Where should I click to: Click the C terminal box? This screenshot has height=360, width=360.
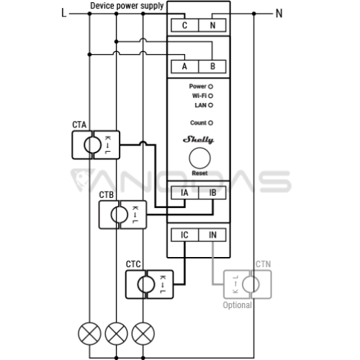coord(185,25)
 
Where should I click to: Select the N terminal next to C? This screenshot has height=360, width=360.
coord(212,25)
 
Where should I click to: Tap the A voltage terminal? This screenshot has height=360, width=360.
coord(185,66)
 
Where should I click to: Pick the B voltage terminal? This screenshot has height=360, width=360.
coord(212,66)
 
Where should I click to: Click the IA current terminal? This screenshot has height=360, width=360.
coord(185,193)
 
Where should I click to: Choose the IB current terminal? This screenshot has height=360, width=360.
coord(212,193)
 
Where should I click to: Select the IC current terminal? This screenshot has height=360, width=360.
coord(185,235)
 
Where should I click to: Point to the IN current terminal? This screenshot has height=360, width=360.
coord(212,235)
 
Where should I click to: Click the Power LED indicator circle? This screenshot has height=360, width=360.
coord(210,86)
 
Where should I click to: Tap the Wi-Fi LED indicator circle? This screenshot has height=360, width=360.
coord(210,96)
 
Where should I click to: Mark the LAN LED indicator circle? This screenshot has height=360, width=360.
coord(210,105)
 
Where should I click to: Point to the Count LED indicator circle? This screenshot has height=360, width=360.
coord(210,123)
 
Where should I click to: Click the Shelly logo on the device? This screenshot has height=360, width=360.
coord(199,140)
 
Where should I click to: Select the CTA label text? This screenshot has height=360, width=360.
coord(79,125)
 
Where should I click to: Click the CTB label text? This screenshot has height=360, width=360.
coord(107,195)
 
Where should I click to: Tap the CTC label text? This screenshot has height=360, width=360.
coord(133,264)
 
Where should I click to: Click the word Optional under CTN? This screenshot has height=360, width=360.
coord(238,305)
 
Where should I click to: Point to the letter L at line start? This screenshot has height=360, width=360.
coord(64,13)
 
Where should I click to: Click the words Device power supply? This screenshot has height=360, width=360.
coord(127,6)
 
